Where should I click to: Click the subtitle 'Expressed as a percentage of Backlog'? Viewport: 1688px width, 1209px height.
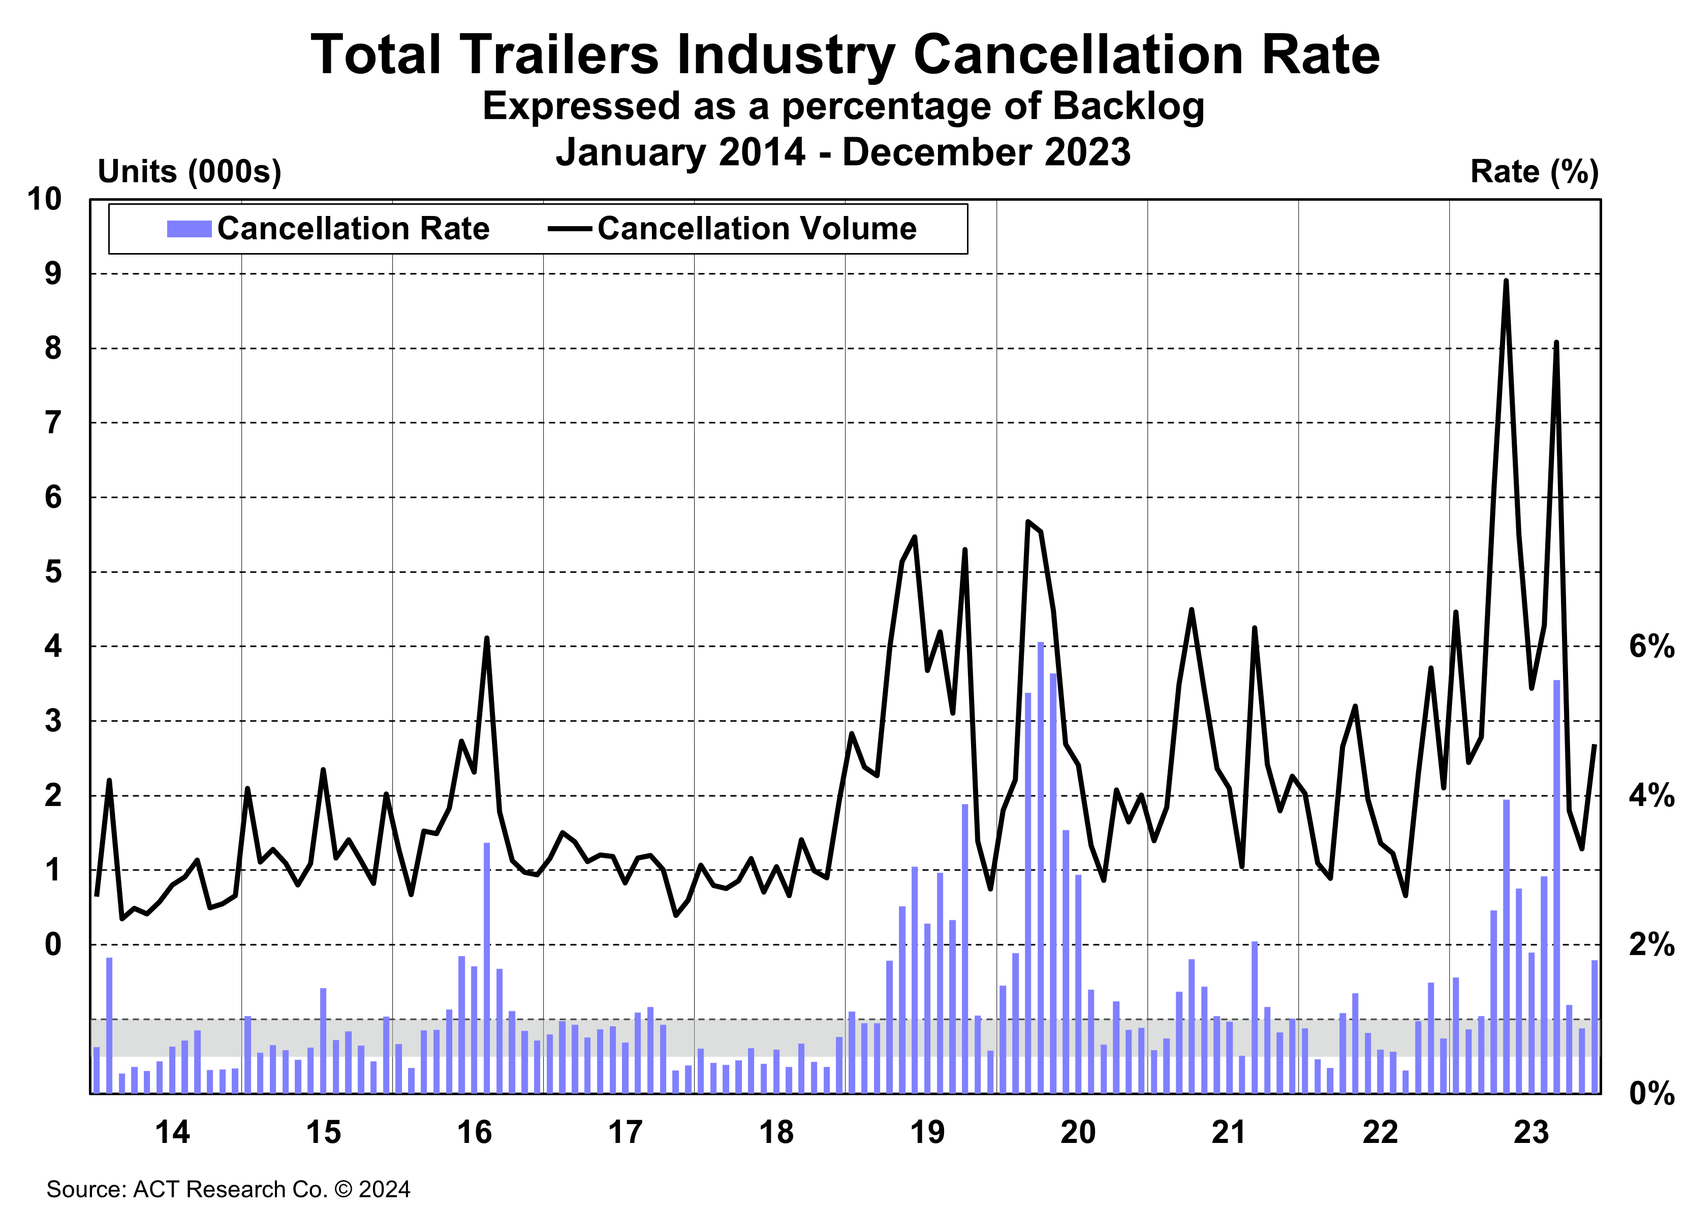[x=843, y=105]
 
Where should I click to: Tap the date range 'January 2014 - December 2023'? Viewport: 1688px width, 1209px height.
[x=843, y=152]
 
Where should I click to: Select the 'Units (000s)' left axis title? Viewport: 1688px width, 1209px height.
[x=190, y=172]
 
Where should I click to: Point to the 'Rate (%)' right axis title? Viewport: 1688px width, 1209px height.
[x=1534, y=172]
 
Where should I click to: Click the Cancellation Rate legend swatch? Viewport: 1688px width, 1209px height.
[x=189, y=229]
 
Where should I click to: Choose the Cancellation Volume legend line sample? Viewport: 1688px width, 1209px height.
[x=570, y=229]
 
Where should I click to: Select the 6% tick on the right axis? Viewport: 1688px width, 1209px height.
[x=1651, y=646]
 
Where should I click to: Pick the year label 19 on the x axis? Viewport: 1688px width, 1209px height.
[x=927, y=1132]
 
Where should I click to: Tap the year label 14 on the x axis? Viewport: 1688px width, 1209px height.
[x=173, y=1132]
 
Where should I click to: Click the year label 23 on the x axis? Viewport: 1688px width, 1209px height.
[x=1531, y=1132]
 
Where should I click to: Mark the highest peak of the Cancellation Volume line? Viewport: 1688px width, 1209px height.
[x=1506, y=282]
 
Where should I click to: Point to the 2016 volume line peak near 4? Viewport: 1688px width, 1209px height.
[x=487, y=639]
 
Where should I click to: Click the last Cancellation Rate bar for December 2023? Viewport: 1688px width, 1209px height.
[x=1594, y=1028]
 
